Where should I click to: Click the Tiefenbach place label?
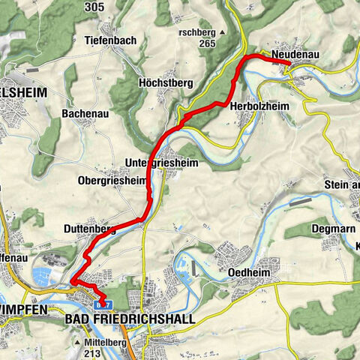(111, 40)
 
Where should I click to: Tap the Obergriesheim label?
(112, 180)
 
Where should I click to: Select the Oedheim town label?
(248, 273)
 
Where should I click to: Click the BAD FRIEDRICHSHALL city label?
(130, 319)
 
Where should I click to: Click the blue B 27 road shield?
(105, 304)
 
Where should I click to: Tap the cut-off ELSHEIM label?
(23, 92)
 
